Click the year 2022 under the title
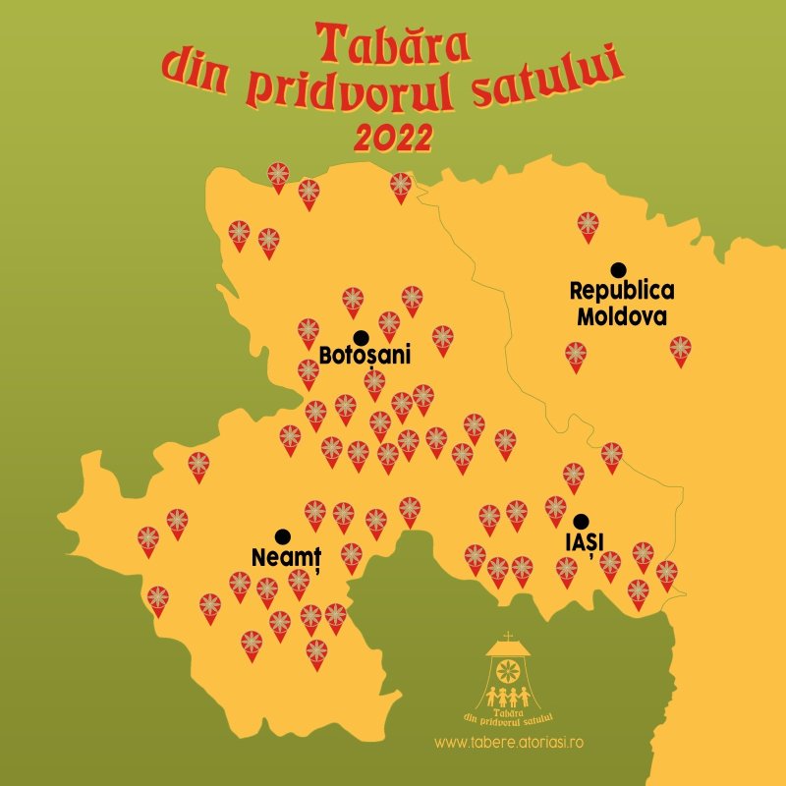393,139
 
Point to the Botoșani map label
365,355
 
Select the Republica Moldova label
622,304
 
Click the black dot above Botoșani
361,338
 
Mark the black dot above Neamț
283,536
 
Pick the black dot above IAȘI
582,521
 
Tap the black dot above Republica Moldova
618,269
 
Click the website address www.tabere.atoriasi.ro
509,743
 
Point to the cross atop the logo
507,637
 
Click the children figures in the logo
508,697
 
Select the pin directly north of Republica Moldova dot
588,225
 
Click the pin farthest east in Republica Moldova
680,349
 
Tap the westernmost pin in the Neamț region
147,539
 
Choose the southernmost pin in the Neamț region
316,651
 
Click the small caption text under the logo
509,717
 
